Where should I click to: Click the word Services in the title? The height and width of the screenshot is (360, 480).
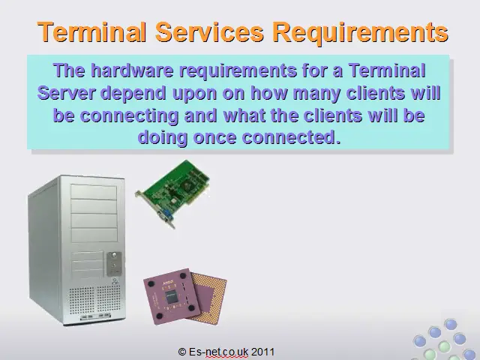click(x=210, y=31)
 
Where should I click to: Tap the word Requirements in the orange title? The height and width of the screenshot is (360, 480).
click(x=361, y=33)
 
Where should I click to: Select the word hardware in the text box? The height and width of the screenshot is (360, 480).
click(x=132, y=70)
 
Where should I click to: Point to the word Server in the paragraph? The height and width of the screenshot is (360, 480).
click(x=66, y=92)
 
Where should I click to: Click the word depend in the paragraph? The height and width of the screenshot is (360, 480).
click(x=133, y=93)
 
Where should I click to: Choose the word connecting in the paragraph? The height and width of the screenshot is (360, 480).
click(x=129, y=115)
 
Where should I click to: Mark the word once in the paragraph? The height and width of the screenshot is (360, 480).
click(x=214, y=138)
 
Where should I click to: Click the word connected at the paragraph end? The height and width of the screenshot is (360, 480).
click(x=291, y=137)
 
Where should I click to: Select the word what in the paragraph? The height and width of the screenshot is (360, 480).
click(x=245, y=115)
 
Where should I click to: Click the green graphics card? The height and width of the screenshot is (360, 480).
click(x=173, y=193)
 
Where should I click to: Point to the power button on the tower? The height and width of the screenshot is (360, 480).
click(x=114, y=255)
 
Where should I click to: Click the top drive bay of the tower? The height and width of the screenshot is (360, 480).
click(x=94, y=192)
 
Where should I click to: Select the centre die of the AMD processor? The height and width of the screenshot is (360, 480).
click(x=172, y=297)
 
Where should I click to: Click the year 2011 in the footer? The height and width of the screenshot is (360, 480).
click(x=263, y=352)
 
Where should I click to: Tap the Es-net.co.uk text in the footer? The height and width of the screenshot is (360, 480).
click(x=218, y=352)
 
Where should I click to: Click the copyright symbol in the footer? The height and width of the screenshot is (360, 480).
click(x=182, y=352)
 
